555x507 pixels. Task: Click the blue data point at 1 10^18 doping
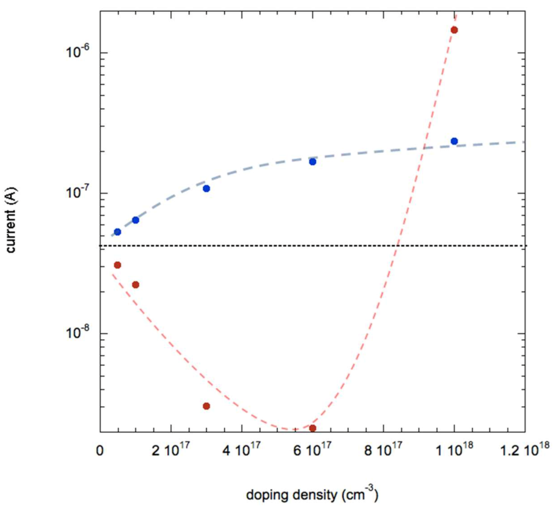tap(454, 141)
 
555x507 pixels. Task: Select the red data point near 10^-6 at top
tap(454, 30)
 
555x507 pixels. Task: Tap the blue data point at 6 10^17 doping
tap(312, 162)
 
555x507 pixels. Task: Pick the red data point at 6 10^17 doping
tap(312, 428)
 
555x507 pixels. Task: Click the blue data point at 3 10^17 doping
tap(206, 189)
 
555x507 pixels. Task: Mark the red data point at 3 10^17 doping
tap(206, 406)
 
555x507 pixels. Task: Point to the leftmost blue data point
tap(117, 232)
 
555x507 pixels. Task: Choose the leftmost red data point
tap(117, 265)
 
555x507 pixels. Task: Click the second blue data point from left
tap(135, 220)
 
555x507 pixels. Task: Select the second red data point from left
tap(135, 285)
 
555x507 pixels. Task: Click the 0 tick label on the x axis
tap(100, 451)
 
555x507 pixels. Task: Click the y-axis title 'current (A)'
tap(12, 221)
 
